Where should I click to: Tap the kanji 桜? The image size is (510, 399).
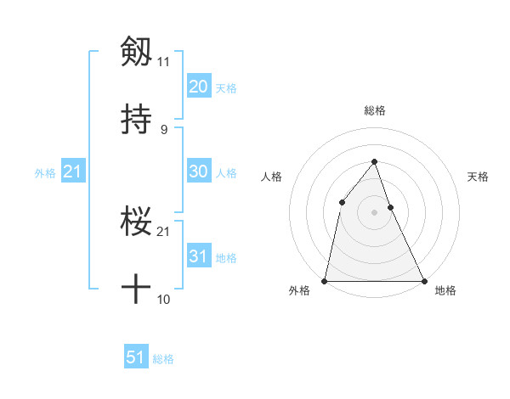pyautogui.click(x=137, y=222)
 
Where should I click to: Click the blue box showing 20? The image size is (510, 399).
pyautogui.click(x=198, y=86)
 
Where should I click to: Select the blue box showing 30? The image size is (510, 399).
pyautogui.click(x=198, y=171)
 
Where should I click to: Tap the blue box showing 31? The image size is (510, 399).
pyautogui.click(x=198, y=256)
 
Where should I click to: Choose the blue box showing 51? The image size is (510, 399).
pyautogui.click(x=136, y=357)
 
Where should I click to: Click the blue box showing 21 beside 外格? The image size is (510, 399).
pyautogui.click(x=73, y=171)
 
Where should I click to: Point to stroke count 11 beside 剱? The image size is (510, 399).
pyautogui.click(x=163, y=62)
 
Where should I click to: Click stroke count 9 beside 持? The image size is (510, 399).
pyautogui.click(x=163, y=130)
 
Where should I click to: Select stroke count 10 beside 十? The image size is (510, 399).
pyautogui.click(x=163, y=300)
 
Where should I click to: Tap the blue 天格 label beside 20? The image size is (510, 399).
pyautogui.click(x=226, y=88)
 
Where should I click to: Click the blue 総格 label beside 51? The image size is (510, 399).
pyautogui.click(x=163, y=360)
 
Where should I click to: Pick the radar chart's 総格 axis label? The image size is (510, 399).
pyautogui.click(x=375, y=110)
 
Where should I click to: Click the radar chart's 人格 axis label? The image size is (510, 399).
pyautogui.click(x=271, y=177)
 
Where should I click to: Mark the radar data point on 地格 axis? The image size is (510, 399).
pyautogui.click(x=423, y=280)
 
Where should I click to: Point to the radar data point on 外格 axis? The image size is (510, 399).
pyautogui.click(x=326, y=280)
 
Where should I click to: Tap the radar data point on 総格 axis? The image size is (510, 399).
pyautogui.click(x=374, y=161)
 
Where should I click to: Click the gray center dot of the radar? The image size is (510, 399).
pyautogui.click(x=374, y=212)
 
